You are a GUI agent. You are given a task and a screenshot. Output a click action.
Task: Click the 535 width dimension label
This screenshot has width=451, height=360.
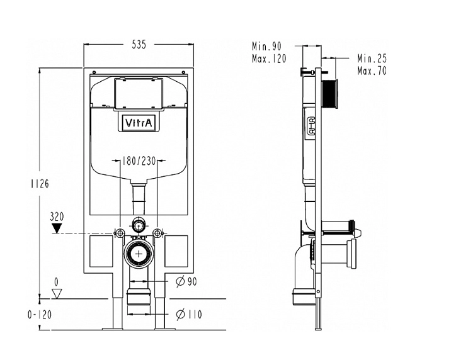coord(139,45)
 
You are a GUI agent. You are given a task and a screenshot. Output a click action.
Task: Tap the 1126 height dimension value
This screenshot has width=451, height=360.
coord(39,184)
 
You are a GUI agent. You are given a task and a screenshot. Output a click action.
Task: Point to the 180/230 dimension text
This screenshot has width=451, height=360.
coord(139,160)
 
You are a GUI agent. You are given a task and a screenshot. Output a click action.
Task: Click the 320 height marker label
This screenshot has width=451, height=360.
coord(57,215)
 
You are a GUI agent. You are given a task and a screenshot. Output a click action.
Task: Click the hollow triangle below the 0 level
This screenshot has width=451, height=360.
coord(57,293)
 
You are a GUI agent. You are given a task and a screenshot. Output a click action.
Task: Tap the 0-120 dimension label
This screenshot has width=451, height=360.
coord(38,314)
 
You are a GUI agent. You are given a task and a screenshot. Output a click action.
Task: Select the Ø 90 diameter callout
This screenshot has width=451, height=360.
coord(186,281)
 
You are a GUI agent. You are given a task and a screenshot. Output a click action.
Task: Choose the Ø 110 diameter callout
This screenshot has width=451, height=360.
coord(189,313)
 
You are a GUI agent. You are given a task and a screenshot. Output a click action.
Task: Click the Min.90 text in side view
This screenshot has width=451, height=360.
coord(266,47)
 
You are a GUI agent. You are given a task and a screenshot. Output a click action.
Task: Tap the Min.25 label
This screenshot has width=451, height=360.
coord(372,59)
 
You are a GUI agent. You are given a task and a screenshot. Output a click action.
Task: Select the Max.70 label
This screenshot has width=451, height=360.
coord(372,70)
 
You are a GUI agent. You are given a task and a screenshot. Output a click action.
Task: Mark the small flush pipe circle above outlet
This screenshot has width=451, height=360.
coord(138,225)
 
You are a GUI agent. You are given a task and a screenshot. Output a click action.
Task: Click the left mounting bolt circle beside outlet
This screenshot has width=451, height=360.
coord(119,233)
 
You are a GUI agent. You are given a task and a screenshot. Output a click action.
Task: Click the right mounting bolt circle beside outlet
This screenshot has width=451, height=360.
coord(157,233)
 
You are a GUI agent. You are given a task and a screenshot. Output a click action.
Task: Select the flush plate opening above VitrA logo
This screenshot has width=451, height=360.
coord(138,94)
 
